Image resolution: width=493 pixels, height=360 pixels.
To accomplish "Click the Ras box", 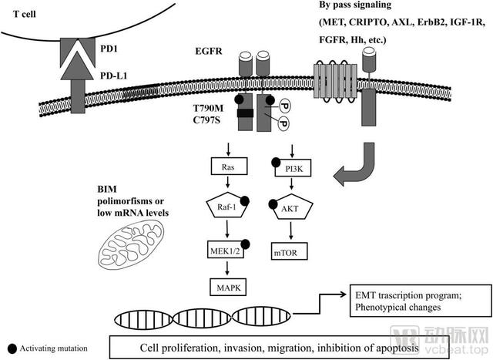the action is pos(229,167).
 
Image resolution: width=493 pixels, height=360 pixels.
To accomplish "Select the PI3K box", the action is pos(293,168).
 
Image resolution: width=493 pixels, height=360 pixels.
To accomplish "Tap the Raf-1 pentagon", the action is pos(227,205).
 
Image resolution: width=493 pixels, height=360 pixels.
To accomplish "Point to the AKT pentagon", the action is pos(291,207).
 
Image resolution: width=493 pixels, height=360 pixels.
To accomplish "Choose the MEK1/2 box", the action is pos(226,250).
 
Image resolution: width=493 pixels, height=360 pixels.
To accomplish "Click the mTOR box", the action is pos(290,251).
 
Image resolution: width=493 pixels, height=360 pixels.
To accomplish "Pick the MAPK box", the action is pos(228,287).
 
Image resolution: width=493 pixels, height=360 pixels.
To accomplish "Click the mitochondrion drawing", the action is pos(132,244).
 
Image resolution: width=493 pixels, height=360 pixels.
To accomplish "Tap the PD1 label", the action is pos(109,49).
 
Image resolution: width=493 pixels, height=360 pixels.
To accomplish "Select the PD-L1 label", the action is pos(114,76).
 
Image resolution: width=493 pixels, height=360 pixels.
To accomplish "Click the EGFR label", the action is pos(209,51).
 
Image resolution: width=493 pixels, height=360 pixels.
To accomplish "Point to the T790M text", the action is pos(208,108).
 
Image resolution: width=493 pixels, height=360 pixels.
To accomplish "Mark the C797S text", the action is pos(206,120).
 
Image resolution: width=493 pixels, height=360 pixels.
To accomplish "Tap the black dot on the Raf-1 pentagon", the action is pos(245,201).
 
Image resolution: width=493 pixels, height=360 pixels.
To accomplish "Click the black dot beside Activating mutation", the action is pos(12,348).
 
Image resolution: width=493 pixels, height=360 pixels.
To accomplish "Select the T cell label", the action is pos(25,14).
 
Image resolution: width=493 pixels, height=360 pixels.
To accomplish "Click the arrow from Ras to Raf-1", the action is pos(228,182).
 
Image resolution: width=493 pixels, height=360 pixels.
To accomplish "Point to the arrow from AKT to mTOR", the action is pos(291,230).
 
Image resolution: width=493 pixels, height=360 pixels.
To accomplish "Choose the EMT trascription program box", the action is pos(421,301).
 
